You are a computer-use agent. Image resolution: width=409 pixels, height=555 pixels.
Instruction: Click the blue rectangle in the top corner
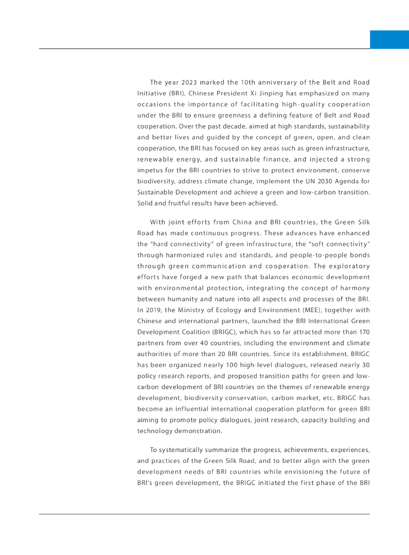click(x=389, y=39)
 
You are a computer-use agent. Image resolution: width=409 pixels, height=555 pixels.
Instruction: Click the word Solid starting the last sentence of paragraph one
click(x=146, y=203)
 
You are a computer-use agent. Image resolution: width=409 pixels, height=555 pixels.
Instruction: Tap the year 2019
click(x=153, y=309)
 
